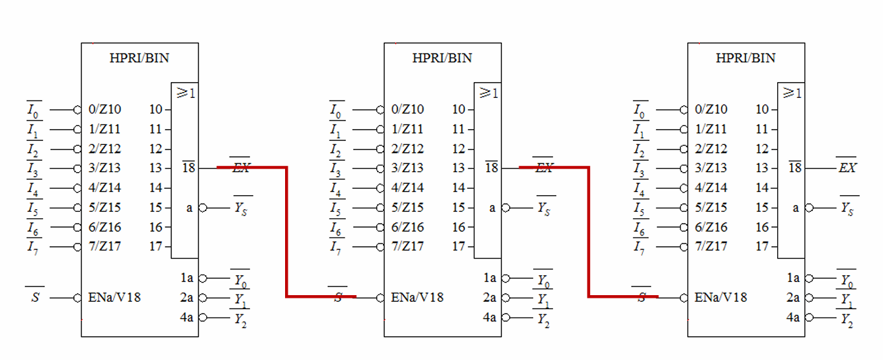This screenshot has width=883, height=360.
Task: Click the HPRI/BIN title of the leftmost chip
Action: tap(139, 58)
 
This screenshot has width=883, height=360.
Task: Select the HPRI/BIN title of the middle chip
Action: tap(442, 58)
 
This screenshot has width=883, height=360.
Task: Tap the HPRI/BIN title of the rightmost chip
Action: tap(745, 58)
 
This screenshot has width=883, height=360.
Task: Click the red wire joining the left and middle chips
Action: tap(286, 232)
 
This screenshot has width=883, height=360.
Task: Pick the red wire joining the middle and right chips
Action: tap(589, 232)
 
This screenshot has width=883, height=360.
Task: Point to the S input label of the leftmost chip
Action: tap(35, 298)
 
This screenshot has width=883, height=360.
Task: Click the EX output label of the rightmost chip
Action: tap(847, 168)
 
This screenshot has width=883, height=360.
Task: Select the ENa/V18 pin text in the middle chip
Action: tap(417, 297)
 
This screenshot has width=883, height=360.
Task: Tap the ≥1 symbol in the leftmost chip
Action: tap(185, 93)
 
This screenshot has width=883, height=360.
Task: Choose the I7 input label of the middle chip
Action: tap(336, 247)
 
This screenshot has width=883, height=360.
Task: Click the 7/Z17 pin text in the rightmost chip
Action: tap(711, 247)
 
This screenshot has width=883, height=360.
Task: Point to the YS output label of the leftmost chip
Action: tap(241, 208)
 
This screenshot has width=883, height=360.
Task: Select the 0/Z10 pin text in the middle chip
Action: tap(407, 109)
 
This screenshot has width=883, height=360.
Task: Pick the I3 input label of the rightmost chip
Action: tap(640, 169)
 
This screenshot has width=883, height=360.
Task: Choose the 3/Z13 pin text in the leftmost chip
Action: tap(105, 168)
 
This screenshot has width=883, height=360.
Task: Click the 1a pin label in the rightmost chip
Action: tap(793, 279)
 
